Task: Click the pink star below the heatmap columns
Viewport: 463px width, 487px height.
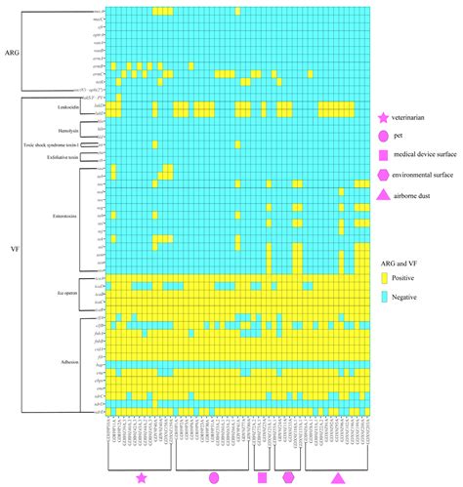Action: click(x=143, y=477)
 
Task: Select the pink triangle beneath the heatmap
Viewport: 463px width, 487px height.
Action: click(x=338, y=476)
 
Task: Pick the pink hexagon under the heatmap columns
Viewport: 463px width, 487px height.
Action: click(x=288, y=477)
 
